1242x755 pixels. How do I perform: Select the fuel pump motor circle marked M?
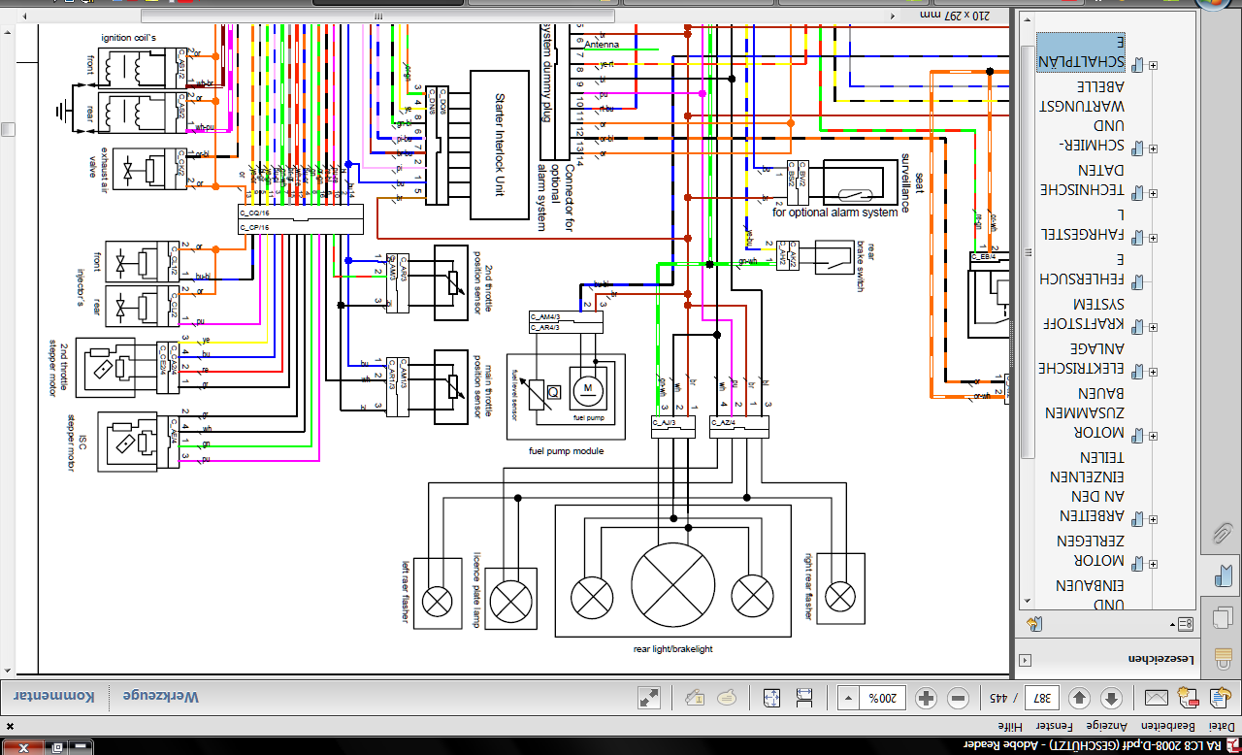[x=585, y=389]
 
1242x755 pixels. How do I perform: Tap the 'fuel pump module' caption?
[x=566, y=451]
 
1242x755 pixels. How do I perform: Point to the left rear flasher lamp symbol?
[x=438, y=603]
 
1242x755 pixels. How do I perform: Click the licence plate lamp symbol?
[x=511, y=602]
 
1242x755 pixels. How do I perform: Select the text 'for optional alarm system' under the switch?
[x=834, y=213]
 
